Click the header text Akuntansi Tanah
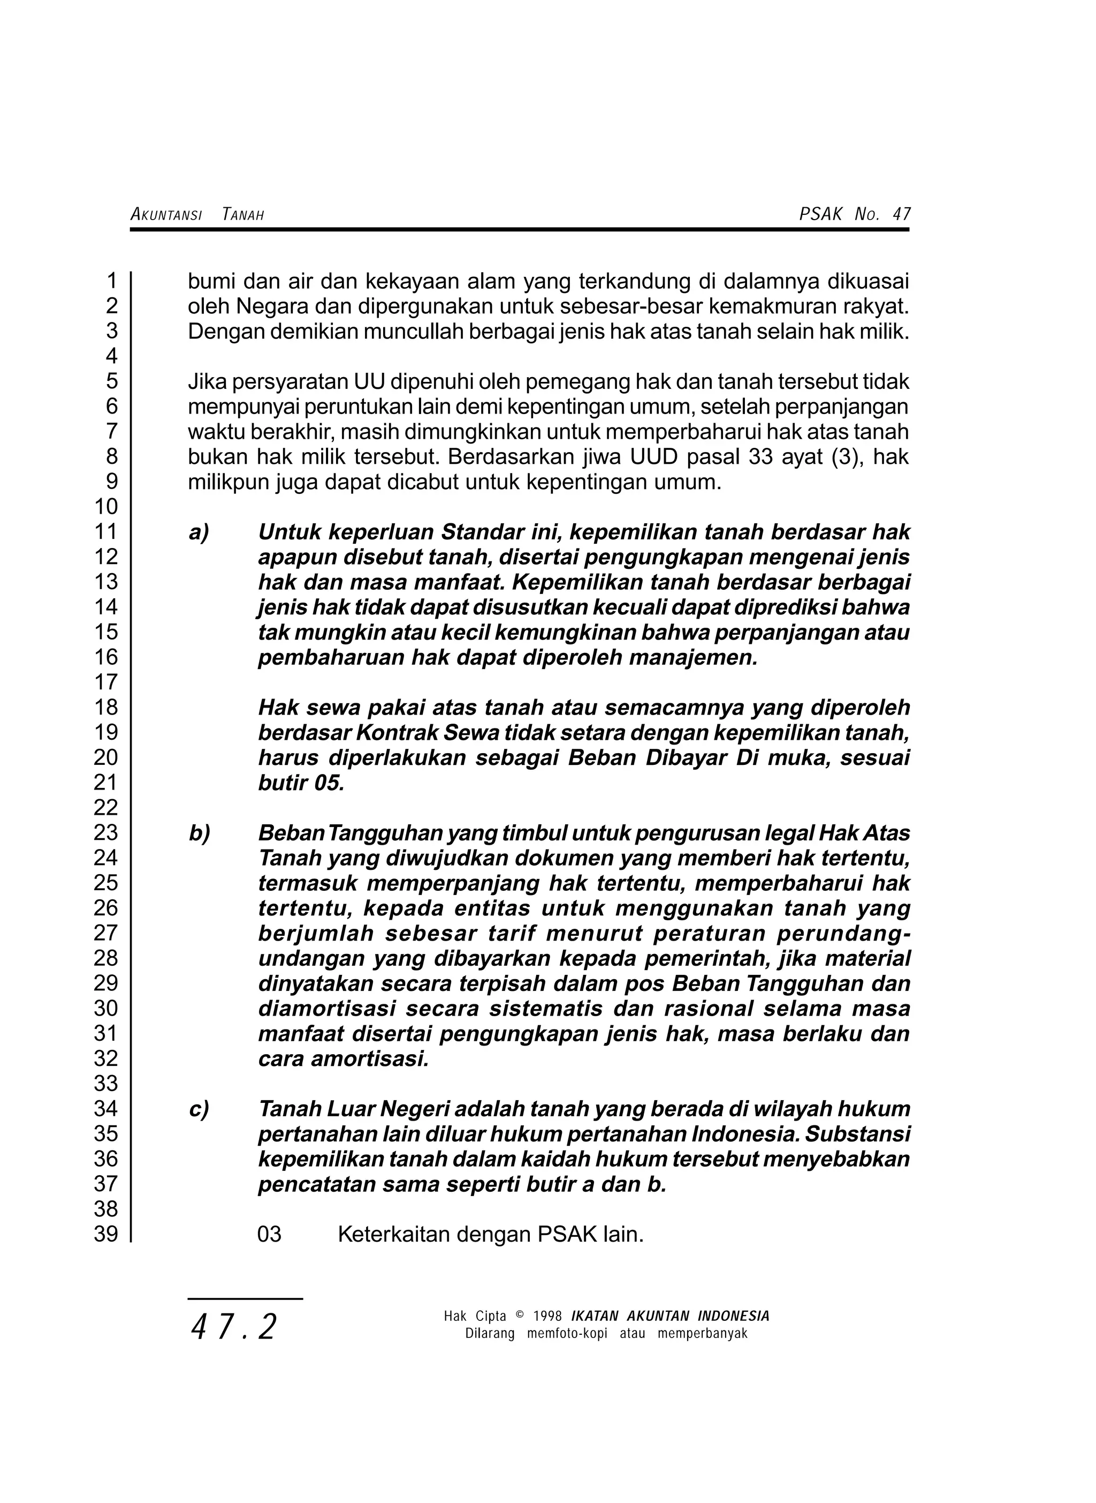tap(197, 214)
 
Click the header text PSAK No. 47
tap(855, 214)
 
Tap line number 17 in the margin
tap(105, 682)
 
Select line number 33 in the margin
tap(105, 1084)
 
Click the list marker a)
tap(199, 532)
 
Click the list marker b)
tap(199, 833)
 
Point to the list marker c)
tap(199, 1109)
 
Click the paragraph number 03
tap(269, 1234)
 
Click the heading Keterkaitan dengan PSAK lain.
tap(491, 1234)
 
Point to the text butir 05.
tap(301, 783)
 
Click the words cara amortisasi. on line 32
tap(343, 1059)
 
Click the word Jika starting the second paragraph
tap(207, 382)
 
